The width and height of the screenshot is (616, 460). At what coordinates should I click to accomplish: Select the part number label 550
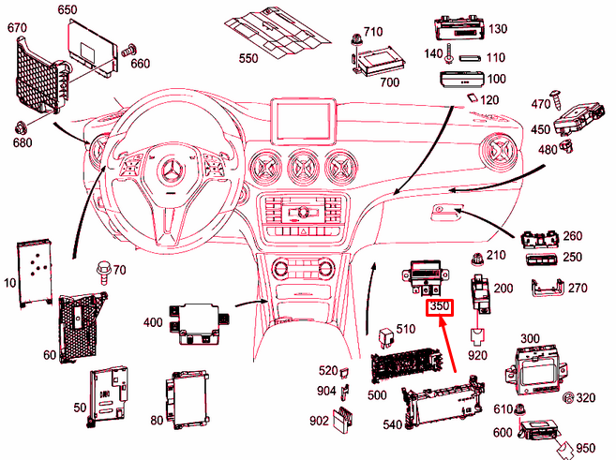[x=248, y=58]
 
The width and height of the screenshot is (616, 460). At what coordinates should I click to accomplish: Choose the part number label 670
[x=18, y=28]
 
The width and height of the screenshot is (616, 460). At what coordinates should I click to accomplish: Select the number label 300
[x=530, y=337]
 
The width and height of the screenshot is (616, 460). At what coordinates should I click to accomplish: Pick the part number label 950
[x=585, y=447]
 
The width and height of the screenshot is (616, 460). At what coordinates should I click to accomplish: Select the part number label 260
[x=573, y=236]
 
